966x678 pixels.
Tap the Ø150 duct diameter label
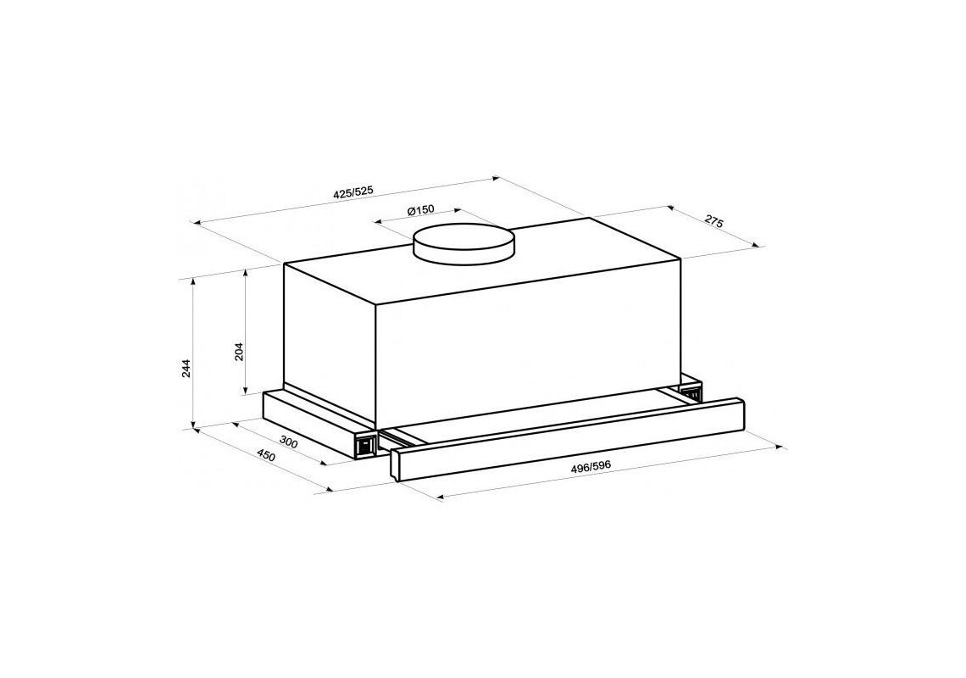[421, 210]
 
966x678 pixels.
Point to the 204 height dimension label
[240, 351]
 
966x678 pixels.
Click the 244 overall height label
[187, 368]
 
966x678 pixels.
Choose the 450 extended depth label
[265, 456]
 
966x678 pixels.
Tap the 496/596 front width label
[591, 467]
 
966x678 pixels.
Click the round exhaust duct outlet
[464, 245]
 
